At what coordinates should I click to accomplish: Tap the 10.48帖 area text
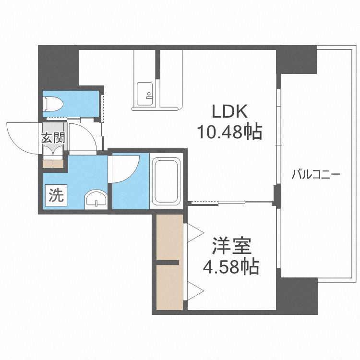click(x=230, y=131)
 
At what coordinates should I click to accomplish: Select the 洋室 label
click(x=232, y=247)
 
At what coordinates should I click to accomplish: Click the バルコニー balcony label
click(x=316, y=174)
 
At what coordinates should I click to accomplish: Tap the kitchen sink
click(x=145, y=92)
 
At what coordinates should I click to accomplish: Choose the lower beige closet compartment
click(x=168, y=287)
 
